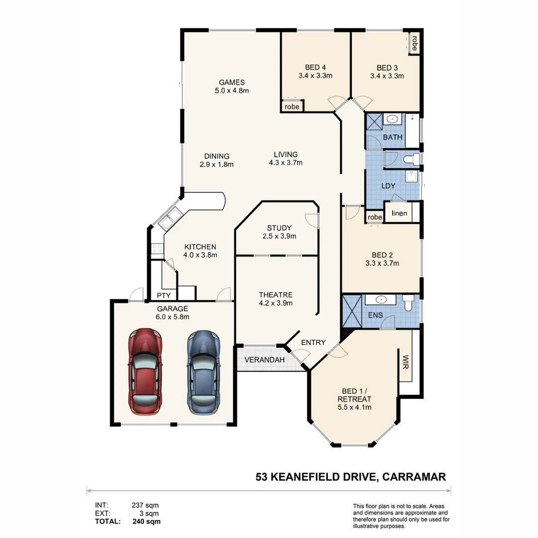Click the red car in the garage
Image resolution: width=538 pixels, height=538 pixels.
click(145, 372)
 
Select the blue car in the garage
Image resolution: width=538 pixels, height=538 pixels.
click(203, 373)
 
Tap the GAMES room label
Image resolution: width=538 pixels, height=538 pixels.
click(232, 82)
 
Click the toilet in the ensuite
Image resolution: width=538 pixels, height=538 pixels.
click(408, 302)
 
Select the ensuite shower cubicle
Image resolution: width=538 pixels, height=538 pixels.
click(352, 311)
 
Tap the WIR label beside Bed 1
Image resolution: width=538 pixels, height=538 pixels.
click(405, 362)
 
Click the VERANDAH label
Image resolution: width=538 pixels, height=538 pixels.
click(265, 360)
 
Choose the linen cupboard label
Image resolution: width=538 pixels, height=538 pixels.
click(400, 213)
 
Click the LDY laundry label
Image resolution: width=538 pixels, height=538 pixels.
click(389, 186)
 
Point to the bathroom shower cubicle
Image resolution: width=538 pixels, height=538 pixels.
click(374, 122)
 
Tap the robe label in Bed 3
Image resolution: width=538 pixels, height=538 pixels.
click(414, 43)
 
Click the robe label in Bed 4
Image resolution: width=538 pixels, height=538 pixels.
click(292, 107)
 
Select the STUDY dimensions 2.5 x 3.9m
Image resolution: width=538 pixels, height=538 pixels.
click(279, 236)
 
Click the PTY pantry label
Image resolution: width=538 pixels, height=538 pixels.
click(164, 295)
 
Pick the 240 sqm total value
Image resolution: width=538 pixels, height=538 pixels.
click(146, 522)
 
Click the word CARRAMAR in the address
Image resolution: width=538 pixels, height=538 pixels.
click(414, 477)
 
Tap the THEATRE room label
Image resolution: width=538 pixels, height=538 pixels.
click(275, 295)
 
